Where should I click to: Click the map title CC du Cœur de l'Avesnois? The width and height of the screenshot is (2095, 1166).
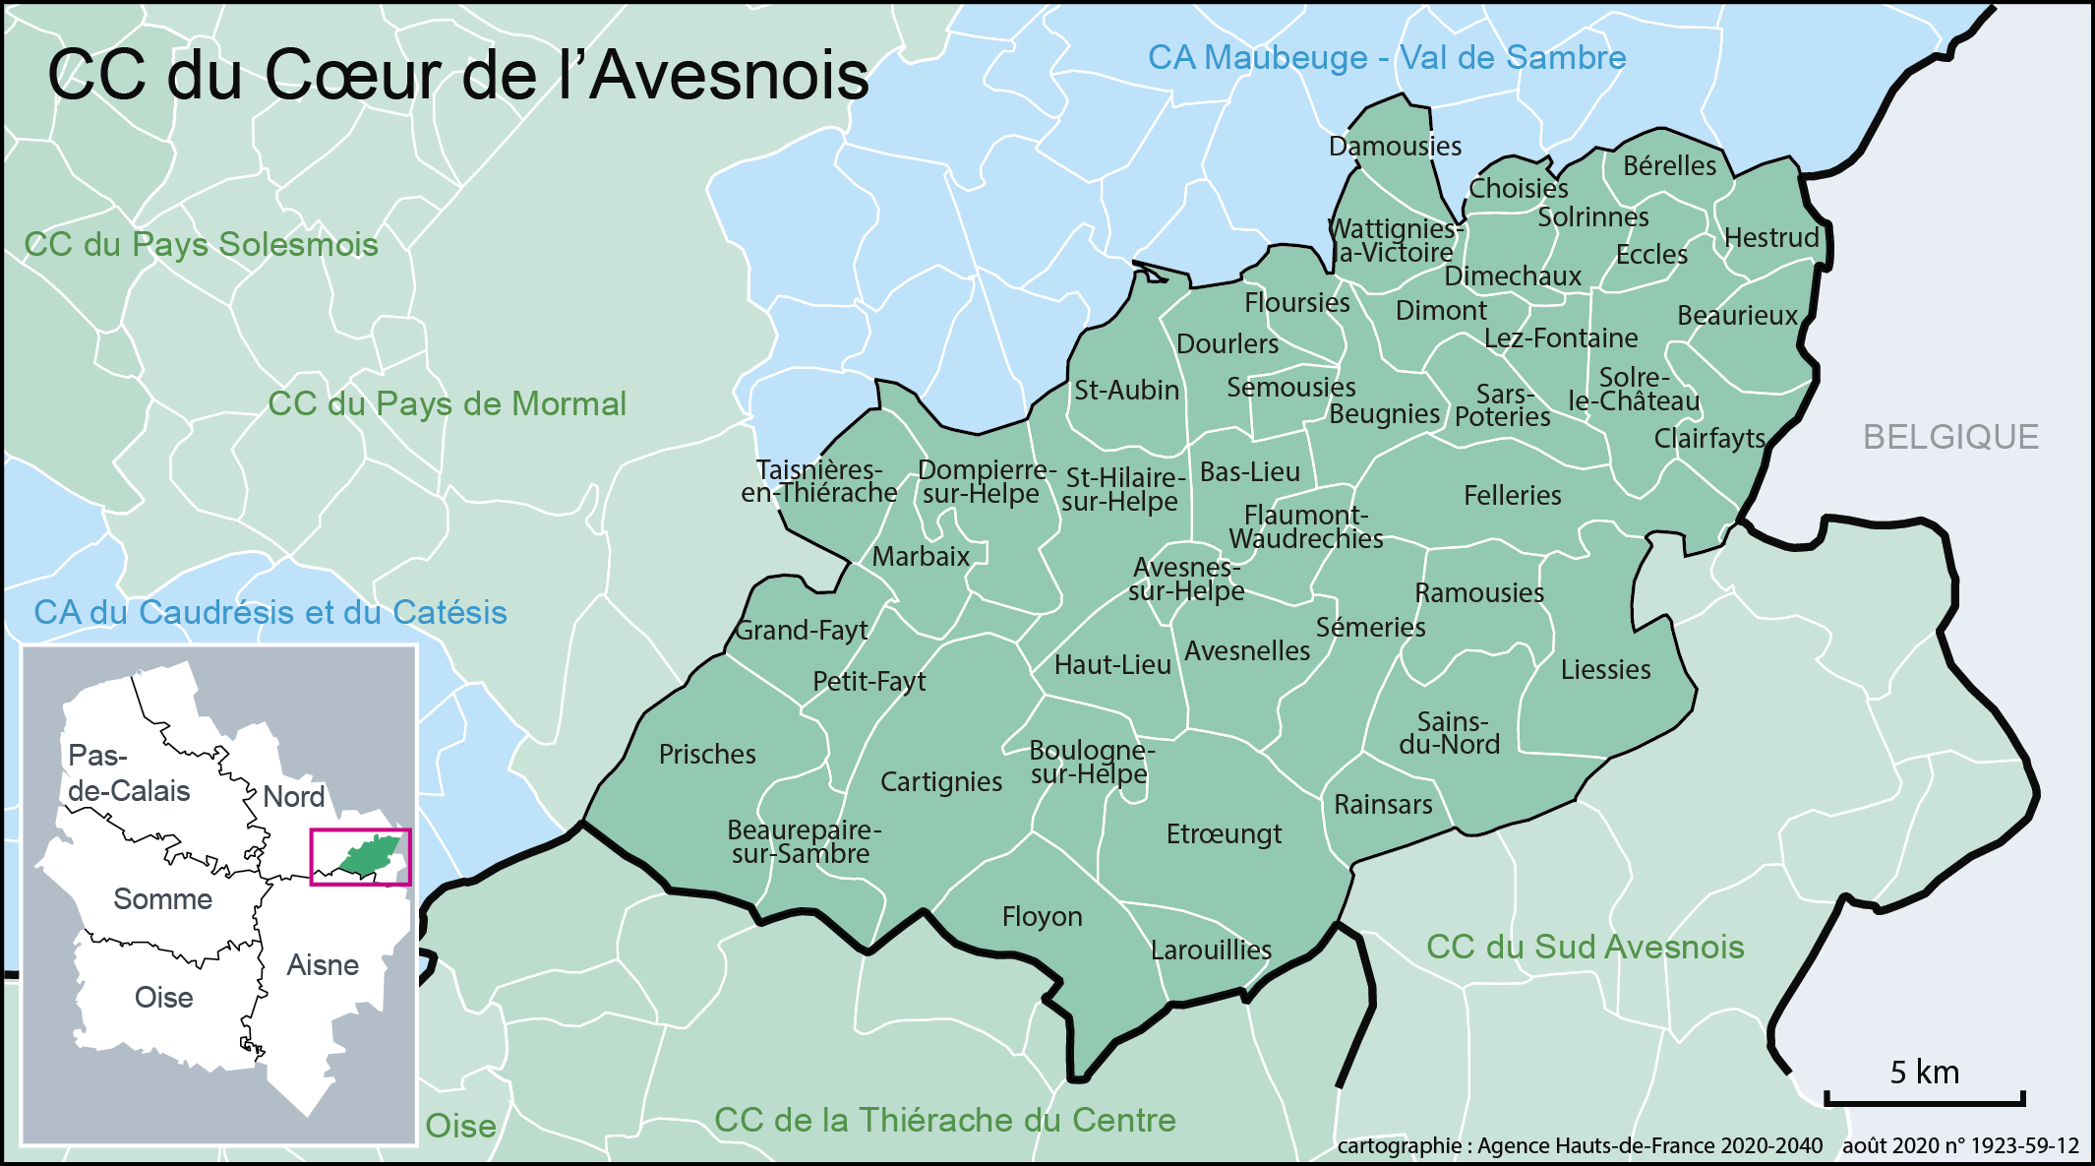[458, 75]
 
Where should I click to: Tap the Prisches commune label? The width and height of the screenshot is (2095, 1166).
[707, 755]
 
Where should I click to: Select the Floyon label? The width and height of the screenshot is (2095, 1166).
[1042, 917]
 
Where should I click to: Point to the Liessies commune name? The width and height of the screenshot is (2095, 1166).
[1605, 670]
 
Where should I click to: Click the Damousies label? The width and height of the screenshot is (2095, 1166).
[1395, 147]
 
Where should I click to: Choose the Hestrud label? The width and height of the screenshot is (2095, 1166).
[1771, 238]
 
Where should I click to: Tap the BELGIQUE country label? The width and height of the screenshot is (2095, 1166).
[1950, 437]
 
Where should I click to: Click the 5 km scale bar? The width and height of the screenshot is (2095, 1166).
[1924, 1096]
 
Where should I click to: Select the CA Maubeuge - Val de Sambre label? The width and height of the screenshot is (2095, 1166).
[1387, 57]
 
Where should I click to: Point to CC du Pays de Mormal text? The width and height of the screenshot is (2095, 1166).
[447, 403]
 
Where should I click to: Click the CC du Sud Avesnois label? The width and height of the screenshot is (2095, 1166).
[1585, 947]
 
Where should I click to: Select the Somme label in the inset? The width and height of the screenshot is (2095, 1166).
[162, 899]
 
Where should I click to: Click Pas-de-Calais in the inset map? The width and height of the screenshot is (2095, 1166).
[128, 773]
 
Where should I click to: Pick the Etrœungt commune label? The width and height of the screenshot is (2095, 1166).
[1224, 834]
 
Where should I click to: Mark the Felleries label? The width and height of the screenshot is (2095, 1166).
[1512, 496]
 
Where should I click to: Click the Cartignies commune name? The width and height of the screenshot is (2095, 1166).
[940, 782]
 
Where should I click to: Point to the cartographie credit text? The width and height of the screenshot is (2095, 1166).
[1579, 1145]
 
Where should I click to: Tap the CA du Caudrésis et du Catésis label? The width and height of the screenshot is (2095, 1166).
[270, 612]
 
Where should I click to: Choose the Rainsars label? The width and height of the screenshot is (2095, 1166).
[1382, 805]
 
